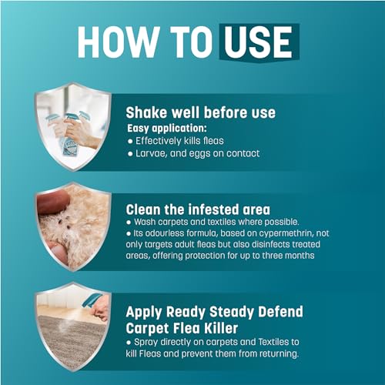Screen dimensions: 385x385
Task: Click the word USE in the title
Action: [x=259, y=42]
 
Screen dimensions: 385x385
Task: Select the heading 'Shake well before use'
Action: [x=201, y=112]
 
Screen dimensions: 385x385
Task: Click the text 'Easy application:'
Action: [x=167, y=128]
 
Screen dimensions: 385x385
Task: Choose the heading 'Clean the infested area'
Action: [x=198, y=209]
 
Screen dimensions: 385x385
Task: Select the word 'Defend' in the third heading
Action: [x=280, y=312]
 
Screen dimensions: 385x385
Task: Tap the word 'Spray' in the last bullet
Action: [x=146, y=343]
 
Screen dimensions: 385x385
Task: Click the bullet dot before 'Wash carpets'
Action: [x=129, y=223]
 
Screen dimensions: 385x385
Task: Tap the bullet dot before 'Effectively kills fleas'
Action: [x=130, y=142]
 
